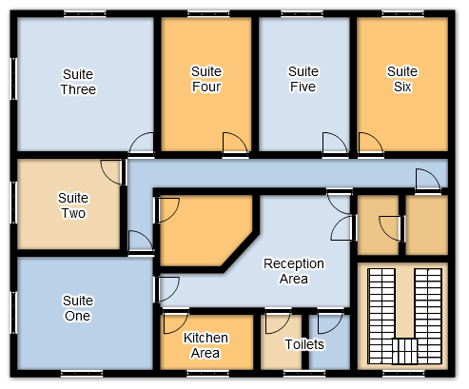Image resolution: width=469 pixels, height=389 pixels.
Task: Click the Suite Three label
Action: pos(78,82)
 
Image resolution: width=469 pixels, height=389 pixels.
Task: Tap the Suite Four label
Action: pos(206,79)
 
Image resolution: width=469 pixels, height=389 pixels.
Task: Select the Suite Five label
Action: pos(303,79)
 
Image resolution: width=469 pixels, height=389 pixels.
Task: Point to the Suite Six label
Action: pos(402,79)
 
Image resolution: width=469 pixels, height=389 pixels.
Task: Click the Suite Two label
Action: pos(73,205)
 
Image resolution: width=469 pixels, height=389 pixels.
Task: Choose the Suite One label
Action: pos(78,308)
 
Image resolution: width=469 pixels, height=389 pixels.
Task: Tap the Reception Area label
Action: pos(294,271)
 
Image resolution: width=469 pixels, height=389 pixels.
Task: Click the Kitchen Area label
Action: pos(205,345)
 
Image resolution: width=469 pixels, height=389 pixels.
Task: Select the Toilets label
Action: pos(304,344)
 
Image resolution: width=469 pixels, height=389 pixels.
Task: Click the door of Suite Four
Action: pos(235,145)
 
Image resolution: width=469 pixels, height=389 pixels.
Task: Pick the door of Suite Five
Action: pos(335,145)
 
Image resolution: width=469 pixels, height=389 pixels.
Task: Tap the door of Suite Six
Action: pos(371,145)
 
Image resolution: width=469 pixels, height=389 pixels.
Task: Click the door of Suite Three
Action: pos(142,145)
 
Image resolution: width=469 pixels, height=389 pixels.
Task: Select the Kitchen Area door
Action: pos(176,321)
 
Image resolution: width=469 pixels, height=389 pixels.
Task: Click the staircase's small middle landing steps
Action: pos(404,351)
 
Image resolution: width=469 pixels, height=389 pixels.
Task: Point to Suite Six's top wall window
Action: pos(402,13)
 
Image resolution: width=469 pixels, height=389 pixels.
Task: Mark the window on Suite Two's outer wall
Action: pos(13,203)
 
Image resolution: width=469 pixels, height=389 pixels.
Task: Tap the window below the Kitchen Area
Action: pos(207,374)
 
